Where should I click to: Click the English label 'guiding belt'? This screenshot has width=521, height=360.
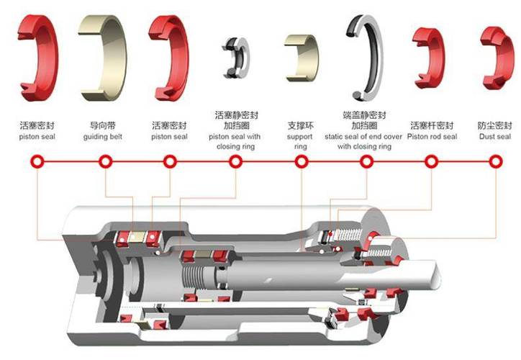click(x=103, y=137)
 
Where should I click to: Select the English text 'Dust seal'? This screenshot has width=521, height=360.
click(x=495, y=137)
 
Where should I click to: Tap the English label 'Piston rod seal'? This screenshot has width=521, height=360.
click(x=432, y=137)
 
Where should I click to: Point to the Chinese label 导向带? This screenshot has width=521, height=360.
click(x=103, y=126)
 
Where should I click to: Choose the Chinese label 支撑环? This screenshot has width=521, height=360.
click(x=300, y=126)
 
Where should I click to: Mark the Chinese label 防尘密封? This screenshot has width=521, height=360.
click(x=495, y=126)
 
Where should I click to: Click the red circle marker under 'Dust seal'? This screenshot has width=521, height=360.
click(x=495, y=162)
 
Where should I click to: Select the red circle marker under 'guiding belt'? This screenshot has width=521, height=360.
click(x=105, y=162)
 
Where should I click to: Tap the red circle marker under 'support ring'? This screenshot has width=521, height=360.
click(x=301, y=162)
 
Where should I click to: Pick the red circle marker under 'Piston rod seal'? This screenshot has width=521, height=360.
click(x=431, y=162)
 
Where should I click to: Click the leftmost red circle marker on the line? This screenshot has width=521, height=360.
click(x=37, y=162)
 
